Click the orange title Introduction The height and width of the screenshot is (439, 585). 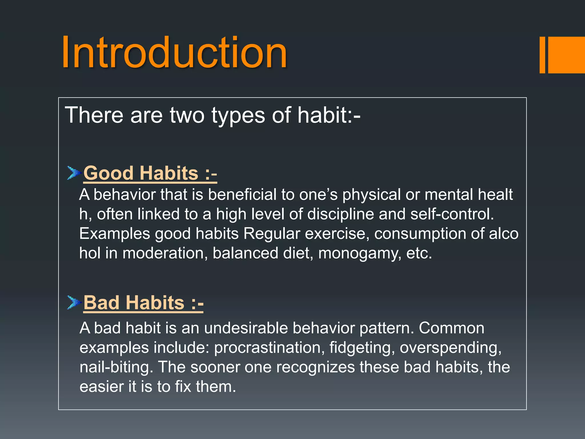(x=174, y=53)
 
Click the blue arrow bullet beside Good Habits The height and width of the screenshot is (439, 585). (x=74, y=173)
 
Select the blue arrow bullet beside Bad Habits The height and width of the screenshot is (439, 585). (x=74, y=302)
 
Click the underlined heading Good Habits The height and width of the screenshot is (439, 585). (x=150, y=173)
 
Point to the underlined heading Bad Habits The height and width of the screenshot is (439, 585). (x=143, y=303)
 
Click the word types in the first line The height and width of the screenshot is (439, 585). (x=238, y=115)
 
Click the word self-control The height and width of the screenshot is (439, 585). (x=452, y=214)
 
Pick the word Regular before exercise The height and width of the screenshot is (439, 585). (x=272, y=234)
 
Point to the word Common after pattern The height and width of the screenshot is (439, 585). (x=451, y=328)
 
